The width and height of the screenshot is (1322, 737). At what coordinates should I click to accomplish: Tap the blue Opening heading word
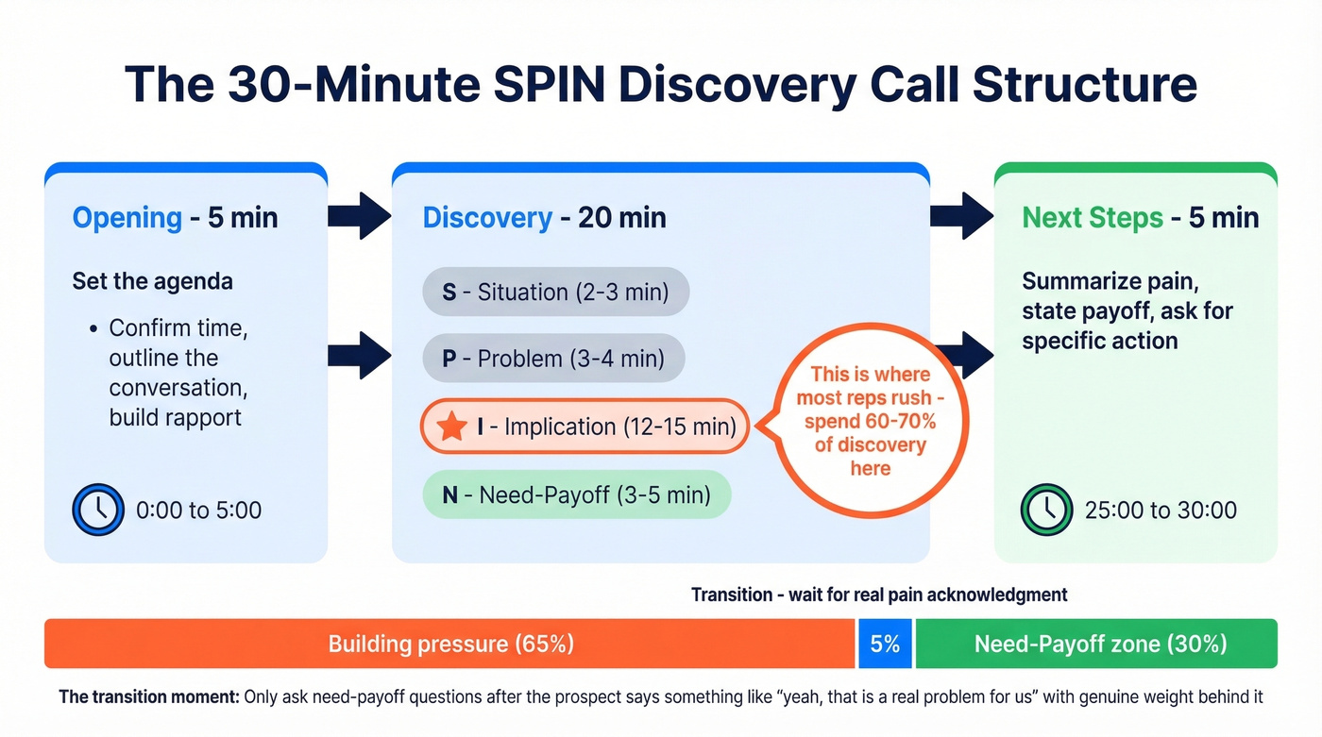click(127, 218)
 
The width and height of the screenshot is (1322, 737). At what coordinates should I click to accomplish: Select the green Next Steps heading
click(1093, 218)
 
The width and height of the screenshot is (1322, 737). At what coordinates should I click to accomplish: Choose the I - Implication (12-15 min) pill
click(585, 427)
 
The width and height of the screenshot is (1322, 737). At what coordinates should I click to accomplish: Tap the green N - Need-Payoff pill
click(577, 494)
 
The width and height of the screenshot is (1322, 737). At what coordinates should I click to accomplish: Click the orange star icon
click(452, 427)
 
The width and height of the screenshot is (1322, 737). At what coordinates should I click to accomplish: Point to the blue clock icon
click(98, 511)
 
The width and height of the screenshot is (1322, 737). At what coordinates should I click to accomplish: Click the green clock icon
click(1046, 511)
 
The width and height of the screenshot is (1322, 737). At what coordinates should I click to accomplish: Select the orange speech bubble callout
click(869, 421)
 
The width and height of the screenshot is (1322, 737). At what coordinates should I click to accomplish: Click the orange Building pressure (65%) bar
click(449, 645)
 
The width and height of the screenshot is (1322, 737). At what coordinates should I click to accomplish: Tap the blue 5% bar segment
click(885, 645)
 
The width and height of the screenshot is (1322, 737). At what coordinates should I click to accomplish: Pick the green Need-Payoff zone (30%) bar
click(1096, 645)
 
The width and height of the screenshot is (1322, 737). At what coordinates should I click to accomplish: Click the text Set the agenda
click(152, 281)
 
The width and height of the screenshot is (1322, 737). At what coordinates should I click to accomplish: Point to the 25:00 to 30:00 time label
click(1161, 511)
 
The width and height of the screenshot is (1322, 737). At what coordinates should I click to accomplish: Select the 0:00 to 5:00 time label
click(198, 511)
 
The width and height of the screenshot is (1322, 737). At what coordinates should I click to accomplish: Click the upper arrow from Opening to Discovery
click(359, 216)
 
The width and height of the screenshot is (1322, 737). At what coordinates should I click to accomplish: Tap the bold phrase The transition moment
click(148, 697)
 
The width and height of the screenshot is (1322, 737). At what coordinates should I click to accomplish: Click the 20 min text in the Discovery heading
click(621, 218)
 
